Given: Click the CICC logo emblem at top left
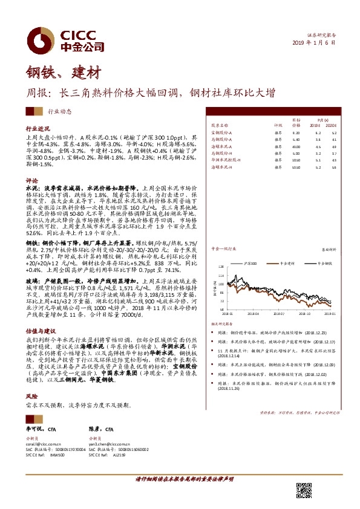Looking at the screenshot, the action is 42,38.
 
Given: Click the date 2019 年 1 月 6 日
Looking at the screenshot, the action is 313,42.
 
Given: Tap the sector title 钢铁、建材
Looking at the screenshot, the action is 62,74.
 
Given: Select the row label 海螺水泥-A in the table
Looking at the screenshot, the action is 221,146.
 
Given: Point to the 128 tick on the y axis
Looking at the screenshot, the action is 220,266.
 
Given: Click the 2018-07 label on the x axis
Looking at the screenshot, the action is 278,314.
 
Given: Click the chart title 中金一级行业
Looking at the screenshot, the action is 223,249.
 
